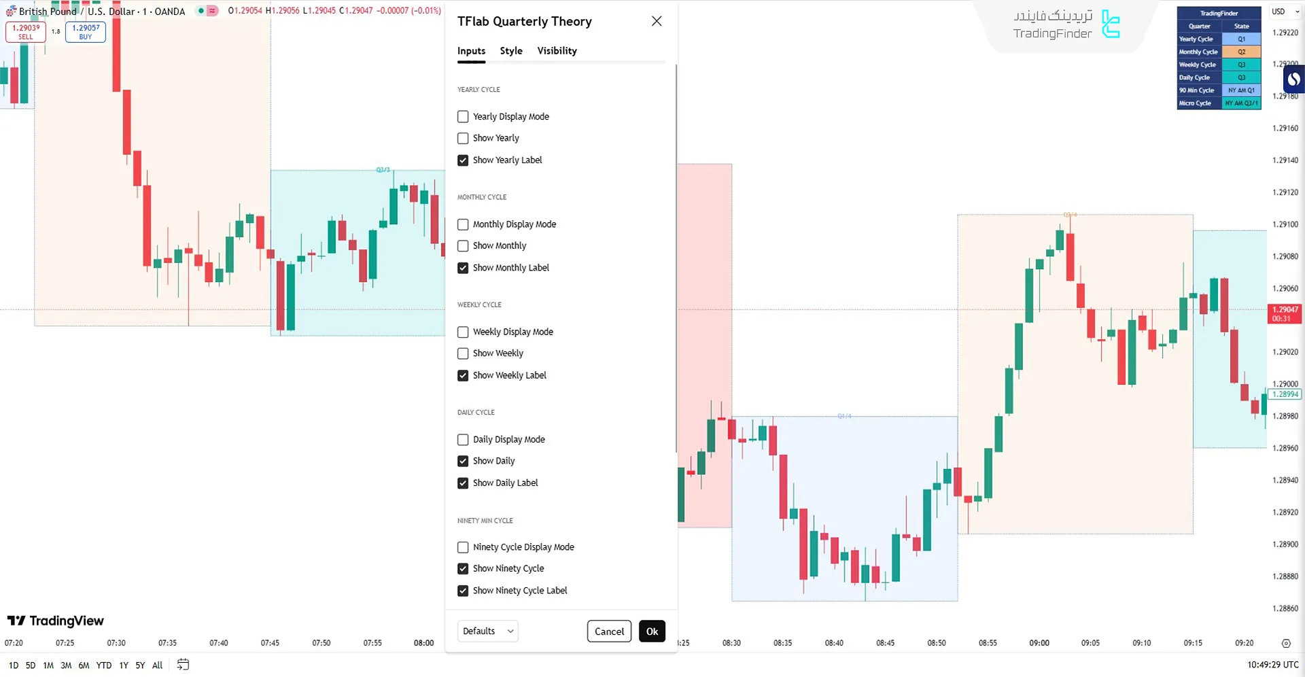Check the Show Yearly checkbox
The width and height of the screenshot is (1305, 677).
pos(463,138)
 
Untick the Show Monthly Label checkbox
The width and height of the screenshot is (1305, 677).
pos(463,268)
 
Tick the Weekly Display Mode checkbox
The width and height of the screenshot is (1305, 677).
pos(463,332)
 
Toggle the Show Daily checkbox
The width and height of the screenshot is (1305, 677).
pos(463,461)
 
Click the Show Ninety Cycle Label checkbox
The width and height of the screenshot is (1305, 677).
pos(463,591)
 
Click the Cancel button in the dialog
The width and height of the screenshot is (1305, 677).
pos(609,631)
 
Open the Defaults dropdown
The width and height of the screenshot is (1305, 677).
pos(487,631)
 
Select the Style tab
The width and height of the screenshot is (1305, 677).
pos(511,51)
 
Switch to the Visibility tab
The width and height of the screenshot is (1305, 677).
pos(557,51)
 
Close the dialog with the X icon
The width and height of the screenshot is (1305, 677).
pos(657,21)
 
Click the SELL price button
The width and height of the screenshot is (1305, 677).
pos(26,32)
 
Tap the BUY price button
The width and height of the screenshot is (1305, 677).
pos(86,32)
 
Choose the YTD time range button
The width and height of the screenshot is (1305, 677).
pos(104,665)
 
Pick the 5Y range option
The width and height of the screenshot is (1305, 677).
pos(140,665)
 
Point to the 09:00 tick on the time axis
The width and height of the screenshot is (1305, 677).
pos(1039,643)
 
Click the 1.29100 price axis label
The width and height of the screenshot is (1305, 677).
pos(1285,224)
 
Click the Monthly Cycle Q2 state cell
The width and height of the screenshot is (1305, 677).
pos(1241,52)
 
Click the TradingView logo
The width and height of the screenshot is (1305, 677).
pos(56,621)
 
